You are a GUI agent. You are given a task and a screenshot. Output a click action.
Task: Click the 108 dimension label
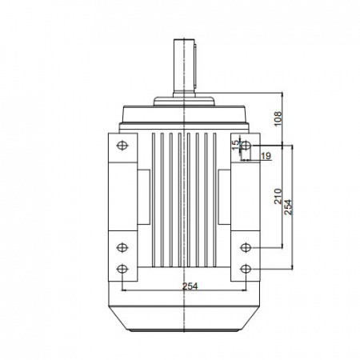(x=278, y=118)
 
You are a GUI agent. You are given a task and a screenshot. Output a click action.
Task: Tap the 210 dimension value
(x=278, y=196)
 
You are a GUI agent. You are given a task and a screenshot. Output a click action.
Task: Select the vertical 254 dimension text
(x=288, y=207)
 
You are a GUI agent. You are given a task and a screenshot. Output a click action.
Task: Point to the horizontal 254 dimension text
(x=190, y=286)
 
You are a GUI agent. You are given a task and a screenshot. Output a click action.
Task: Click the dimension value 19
(x=266, y=156)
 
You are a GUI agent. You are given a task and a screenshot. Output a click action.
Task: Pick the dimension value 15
(x=236, y=145)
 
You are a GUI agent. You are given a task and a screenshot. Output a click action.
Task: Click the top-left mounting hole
(x=122, y=146)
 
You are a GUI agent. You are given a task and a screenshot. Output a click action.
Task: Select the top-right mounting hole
(x=246, y=146)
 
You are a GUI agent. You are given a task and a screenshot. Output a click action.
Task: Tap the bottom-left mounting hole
(x=122, y=269)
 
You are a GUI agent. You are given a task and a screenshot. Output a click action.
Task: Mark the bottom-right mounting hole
(x=246, y=269)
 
